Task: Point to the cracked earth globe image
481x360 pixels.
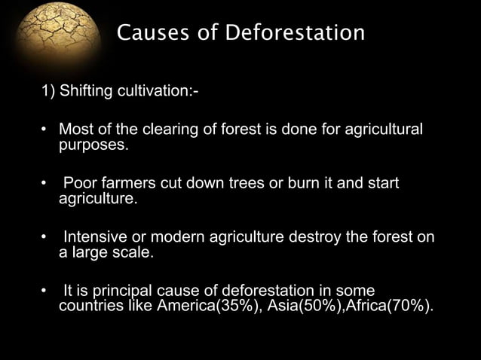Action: tap(49, 34)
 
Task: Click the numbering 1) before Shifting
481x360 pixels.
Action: tap(48, 93)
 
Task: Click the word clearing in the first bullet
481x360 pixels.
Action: tap(170, 131)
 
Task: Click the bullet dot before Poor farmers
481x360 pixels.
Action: tap(44, 185)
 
